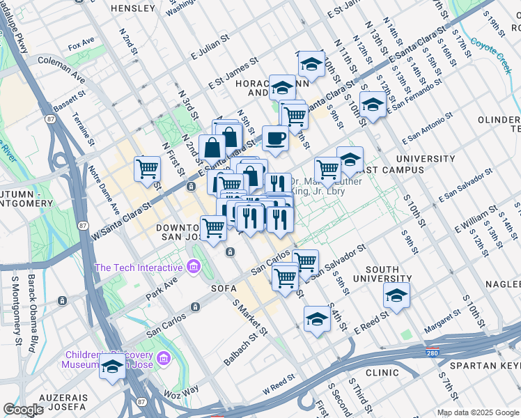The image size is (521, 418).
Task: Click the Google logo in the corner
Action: (23, 410)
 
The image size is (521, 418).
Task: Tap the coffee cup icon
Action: (275, 138)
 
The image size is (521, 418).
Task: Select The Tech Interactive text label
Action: (138, 268)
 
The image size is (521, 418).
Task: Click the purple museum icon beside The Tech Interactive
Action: (194, 267)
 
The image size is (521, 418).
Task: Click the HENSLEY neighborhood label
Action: (133, 8)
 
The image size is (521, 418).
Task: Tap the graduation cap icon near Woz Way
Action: (112, 366)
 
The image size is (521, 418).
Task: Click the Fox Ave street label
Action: (81, 47)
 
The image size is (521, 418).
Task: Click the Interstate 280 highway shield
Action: (432, 353)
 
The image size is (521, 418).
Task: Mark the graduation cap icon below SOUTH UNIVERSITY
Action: (397, 295)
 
